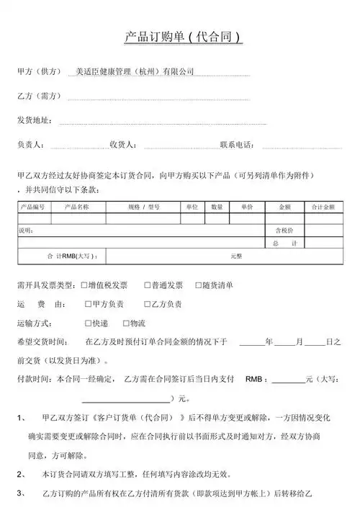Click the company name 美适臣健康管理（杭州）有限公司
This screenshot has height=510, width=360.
(135, 72)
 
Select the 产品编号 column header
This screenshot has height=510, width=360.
(33, 207)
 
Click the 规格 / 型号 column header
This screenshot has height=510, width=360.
(144, 207)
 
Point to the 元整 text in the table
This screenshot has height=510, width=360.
(237, 256)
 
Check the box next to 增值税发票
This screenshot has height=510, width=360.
(85, 285)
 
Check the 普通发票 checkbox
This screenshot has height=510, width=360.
(148, 285)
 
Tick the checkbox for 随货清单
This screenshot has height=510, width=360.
(197, 285)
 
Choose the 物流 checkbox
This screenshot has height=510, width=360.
(126, 323)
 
